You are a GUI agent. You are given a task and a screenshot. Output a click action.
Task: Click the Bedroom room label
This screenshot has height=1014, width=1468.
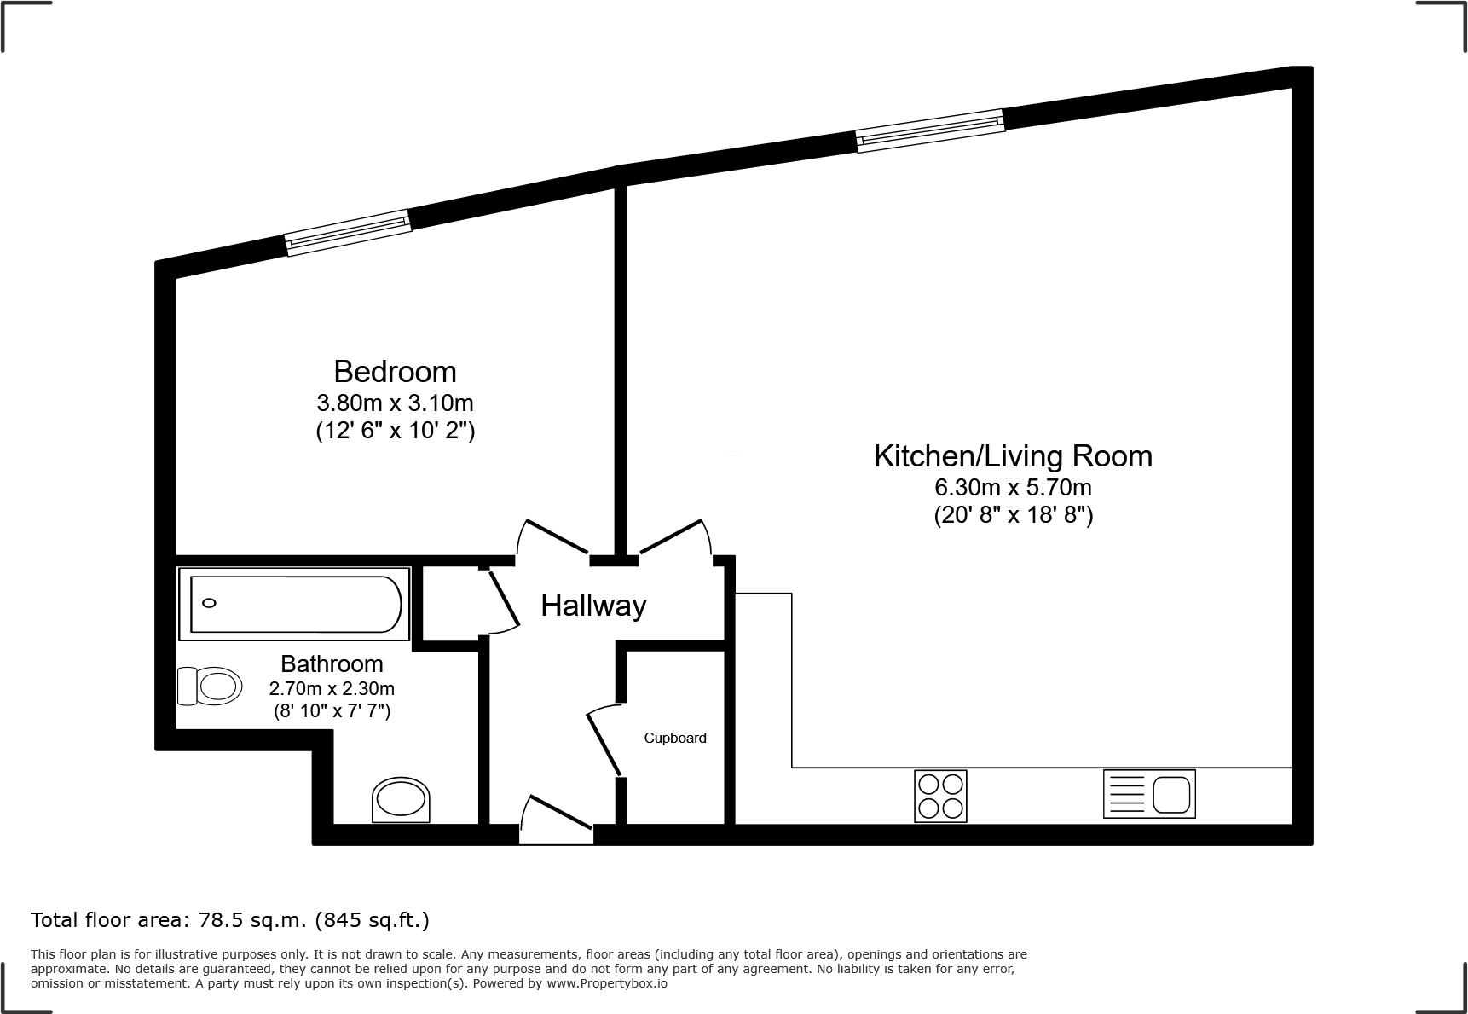coord(395,372)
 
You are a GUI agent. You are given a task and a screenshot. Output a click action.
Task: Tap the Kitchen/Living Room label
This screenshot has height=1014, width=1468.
coord(1013,456)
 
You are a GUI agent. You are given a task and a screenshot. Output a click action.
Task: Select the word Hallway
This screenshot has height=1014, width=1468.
coord(593,606)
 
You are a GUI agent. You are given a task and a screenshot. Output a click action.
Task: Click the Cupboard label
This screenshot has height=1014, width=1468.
coord(674,738)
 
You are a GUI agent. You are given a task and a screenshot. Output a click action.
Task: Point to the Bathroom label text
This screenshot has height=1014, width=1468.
coord(332,663)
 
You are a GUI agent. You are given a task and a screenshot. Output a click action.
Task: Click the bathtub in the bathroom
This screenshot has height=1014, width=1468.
coord(295,604)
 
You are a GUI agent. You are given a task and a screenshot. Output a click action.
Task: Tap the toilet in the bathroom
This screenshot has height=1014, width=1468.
coord(208,686)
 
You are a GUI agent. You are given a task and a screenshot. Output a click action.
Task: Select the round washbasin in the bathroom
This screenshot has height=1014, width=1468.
coord(401,800)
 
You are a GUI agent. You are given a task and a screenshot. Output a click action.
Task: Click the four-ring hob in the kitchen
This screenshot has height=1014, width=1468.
coord(940,796)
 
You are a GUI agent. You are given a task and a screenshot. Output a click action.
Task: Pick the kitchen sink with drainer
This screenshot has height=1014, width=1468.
coord(1149,794)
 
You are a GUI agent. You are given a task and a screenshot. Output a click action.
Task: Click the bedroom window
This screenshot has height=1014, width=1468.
coord(348,232)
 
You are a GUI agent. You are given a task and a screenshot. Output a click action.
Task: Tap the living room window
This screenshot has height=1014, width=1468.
coord(929,131)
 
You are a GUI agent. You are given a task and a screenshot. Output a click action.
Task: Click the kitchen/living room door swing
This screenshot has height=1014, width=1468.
coord(673,537)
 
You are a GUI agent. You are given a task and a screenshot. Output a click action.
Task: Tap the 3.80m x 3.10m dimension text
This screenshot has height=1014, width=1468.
coord(395,403)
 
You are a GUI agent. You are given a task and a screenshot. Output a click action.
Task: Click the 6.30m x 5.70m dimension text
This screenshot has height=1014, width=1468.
coord(1013,488)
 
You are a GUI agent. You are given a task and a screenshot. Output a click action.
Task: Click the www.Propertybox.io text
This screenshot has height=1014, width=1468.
coord(607,983)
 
